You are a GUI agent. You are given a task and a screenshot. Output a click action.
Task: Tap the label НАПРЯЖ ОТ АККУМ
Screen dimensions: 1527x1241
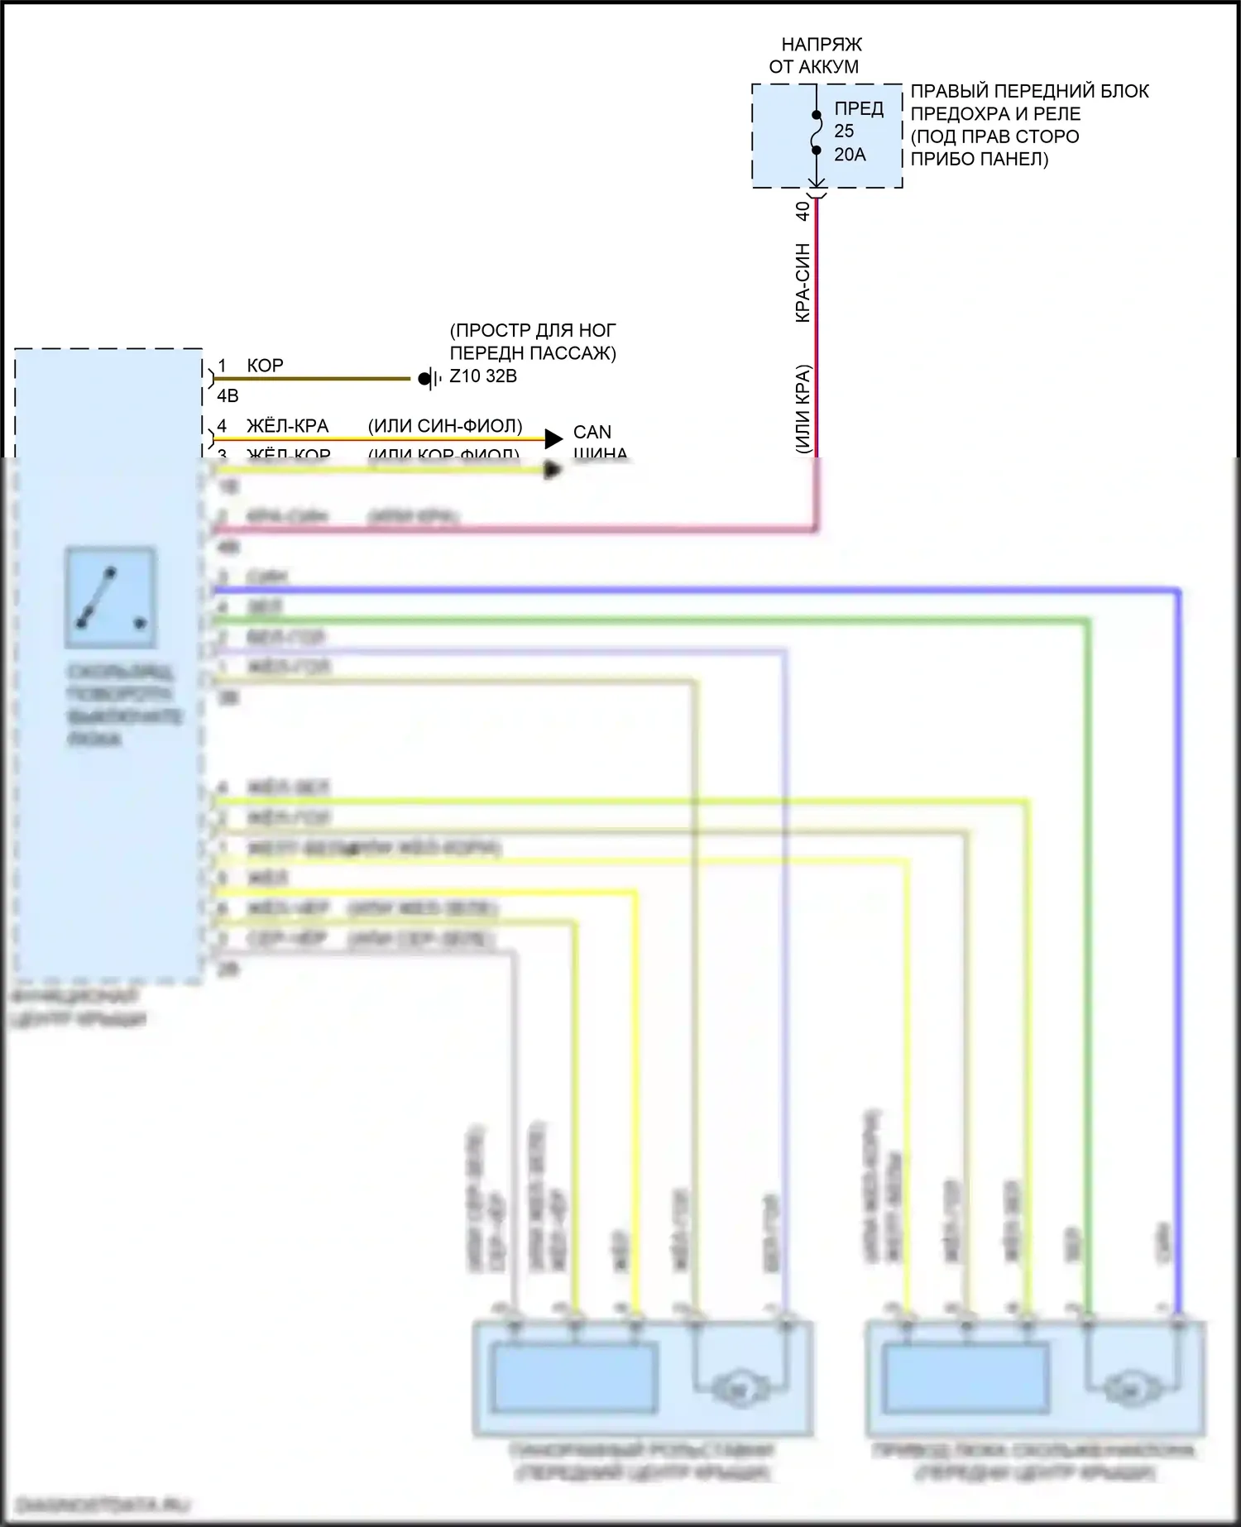coord(816,55)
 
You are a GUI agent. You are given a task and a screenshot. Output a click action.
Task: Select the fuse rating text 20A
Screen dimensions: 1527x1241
coord(850,155)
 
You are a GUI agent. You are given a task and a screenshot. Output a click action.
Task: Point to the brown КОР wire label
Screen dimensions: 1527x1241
coord(265,366)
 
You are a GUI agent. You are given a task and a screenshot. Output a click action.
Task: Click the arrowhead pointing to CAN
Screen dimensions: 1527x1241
coord(553,438)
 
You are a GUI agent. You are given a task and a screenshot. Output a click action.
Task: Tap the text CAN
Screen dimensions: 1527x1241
coord(592,432)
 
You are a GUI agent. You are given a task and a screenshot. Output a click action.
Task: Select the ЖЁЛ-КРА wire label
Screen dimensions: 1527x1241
coord(287,426)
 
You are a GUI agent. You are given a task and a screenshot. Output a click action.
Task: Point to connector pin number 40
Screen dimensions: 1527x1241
coord(803,211)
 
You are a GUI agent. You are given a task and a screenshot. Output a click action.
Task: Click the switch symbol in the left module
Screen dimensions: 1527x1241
coord(111,597)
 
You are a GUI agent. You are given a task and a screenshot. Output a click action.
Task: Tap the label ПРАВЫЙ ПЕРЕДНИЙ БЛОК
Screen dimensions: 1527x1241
coord(1029,91)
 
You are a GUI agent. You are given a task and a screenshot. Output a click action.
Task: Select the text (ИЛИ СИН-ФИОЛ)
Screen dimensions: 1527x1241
coord(445,426)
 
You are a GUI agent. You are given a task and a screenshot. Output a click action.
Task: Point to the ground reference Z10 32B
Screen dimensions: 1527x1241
coord(483,377)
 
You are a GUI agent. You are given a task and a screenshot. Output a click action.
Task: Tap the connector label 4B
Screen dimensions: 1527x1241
coord(228,396)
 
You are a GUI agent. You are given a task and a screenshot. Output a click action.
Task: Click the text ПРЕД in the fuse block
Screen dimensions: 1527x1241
coord(859,108)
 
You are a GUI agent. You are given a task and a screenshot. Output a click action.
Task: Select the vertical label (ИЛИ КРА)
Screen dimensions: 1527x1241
coord(803,409)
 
